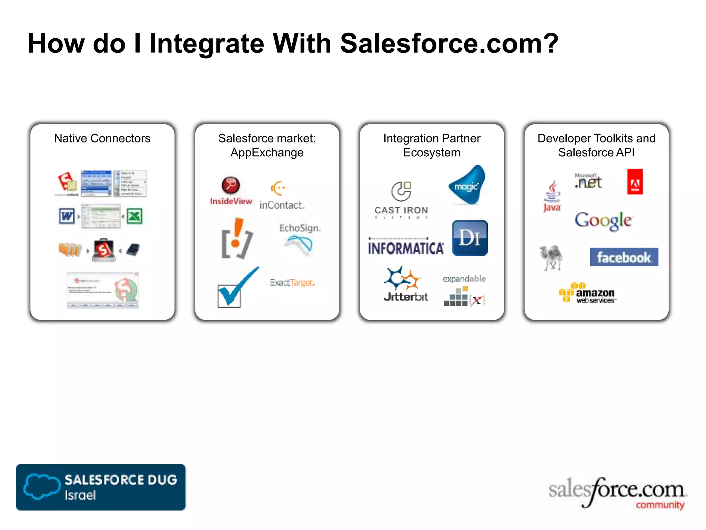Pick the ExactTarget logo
coord(292,283)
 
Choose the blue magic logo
coord(467,185)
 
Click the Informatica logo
coord(406,246)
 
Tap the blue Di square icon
coord(470,238)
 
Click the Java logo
coord(552,196)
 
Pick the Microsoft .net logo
coord(588,181)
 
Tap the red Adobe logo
coord(635,181)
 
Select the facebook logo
coord(624,257)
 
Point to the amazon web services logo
coord(587,293)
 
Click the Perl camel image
coord(551,257)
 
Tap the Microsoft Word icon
coord(67,216)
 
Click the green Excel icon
coord(134,216)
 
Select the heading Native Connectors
coord(102,138)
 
